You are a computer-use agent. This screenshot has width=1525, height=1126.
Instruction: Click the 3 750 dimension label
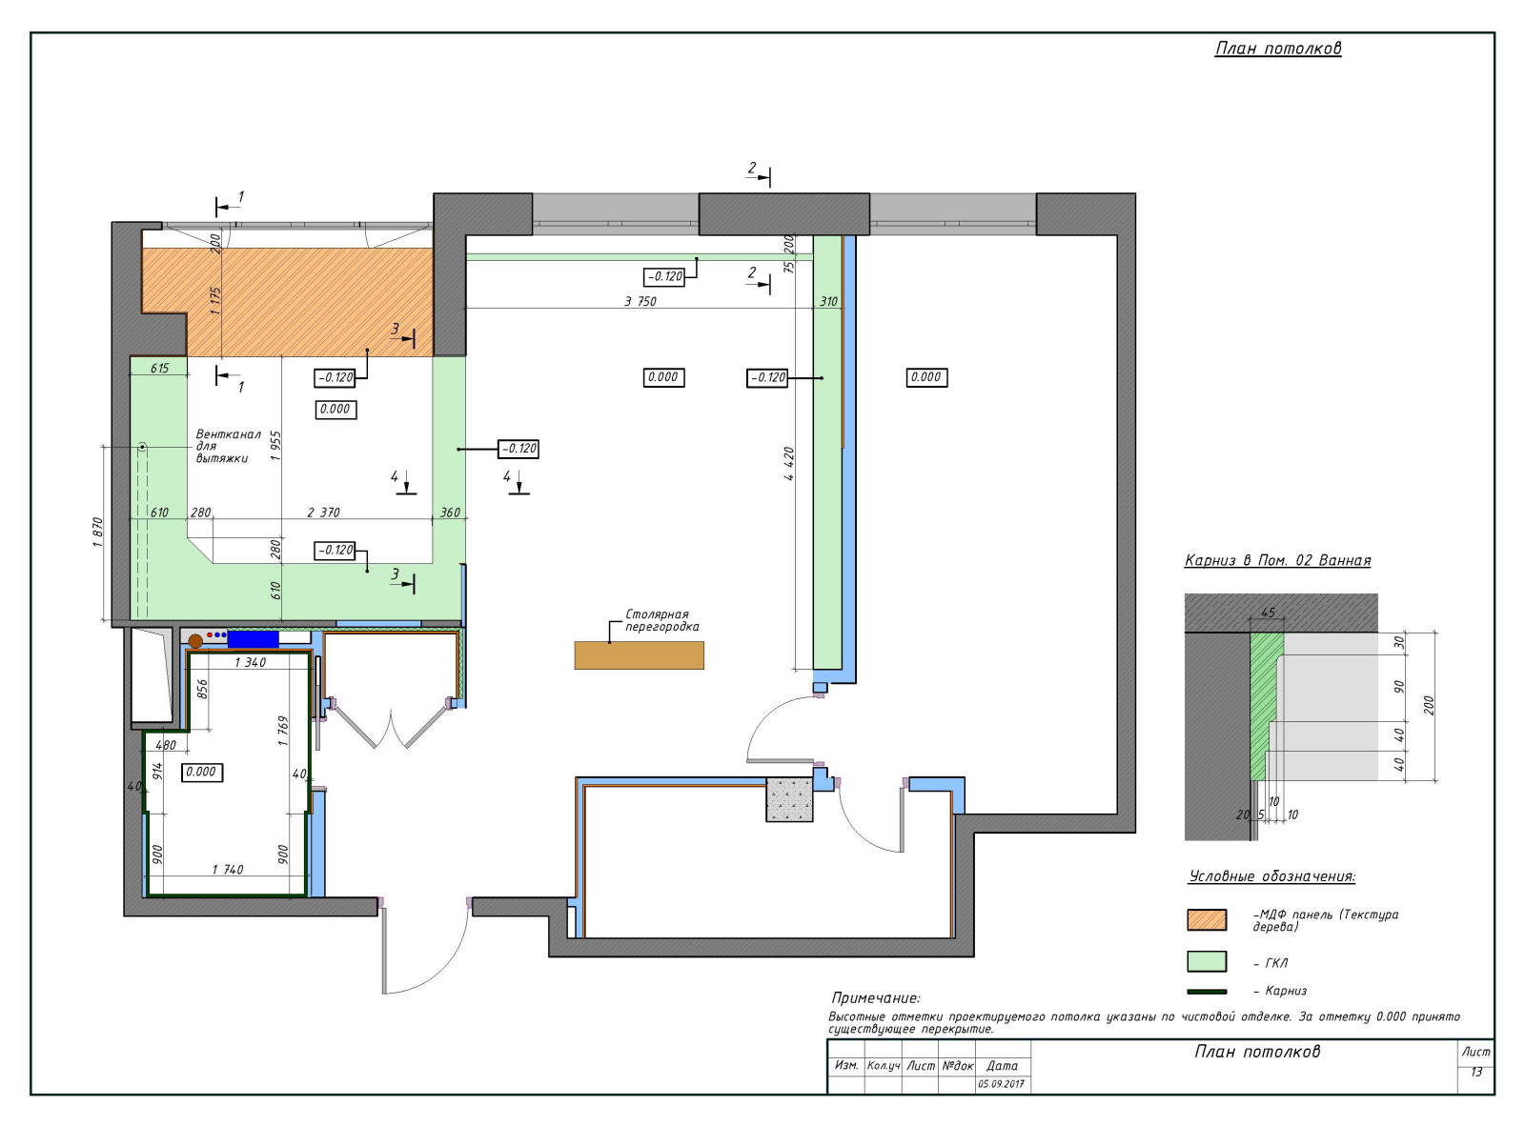tap(640, 301)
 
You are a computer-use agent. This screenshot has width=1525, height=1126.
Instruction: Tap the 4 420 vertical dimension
tap(788, 463)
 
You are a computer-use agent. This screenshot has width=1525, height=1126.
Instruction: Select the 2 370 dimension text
tap(323, 513)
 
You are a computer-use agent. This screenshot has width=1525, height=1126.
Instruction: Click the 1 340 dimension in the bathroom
tap(251, 662)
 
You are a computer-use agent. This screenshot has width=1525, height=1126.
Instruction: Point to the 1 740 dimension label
tap(228, 870)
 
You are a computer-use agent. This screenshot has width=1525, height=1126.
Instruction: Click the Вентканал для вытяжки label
tap(228, 446)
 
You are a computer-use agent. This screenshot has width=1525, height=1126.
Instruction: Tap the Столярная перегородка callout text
tap(661, 620)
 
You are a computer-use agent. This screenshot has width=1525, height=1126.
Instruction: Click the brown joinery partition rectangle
tap(639, 655)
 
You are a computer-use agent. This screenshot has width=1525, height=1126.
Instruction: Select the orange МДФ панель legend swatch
tap(1207, 920)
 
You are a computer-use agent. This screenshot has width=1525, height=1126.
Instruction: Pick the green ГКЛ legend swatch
tap(1207, 961)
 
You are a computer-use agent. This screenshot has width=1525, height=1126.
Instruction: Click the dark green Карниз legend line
tap(1207, 992)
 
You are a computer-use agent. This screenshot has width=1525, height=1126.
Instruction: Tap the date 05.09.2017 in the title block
tap(1001, 1084)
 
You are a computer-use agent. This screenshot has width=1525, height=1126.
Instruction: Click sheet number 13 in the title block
tap(1476, 1072)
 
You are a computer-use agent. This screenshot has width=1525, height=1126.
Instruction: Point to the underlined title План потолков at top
tap(1278, 49)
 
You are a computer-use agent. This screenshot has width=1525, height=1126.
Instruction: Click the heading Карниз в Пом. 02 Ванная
tap(1277, 560)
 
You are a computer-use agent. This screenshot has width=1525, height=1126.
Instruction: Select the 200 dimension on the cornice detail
tap(1429, 705)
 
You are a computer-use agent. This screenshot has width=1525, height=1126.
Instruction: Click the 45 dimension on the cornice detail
tap(1269, 613)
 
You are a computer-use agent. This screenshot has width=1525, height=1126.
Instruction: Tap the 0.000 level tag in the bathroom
tap(201, 772)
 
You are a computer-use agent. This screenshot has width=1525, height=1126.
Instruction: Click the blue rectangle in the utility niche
tap(253, 639)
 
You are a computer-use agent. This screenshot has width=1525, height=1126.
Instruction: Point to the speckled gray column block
tap(789, 799)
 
